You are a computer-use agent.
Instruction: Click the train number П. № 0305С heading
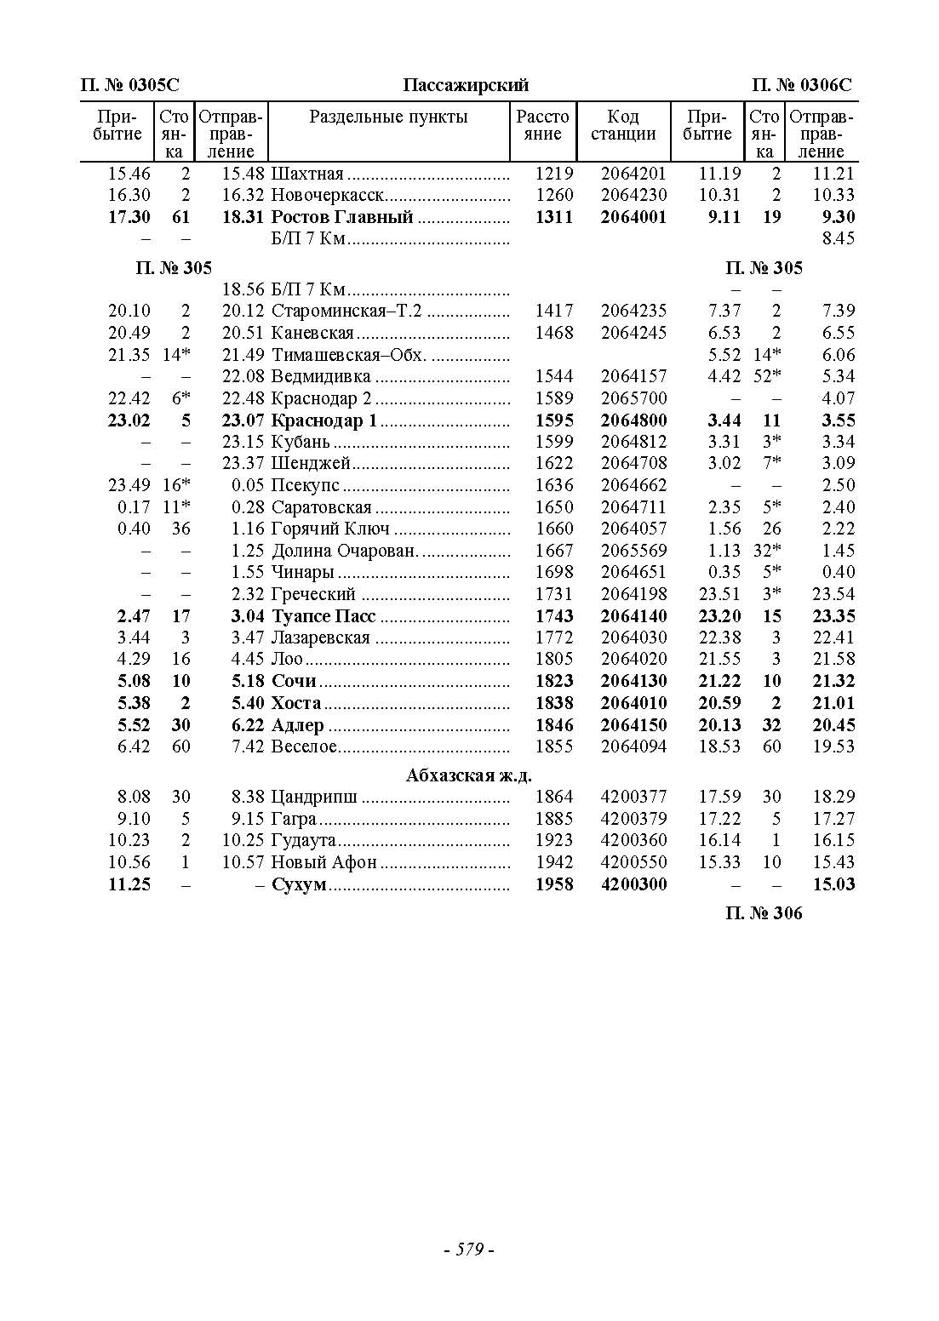129,85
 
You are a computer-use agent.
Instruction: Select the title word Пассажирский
466,85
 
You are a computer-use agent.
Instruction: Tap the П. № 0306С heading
801,85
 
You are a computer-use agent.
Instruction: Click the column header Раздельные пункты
388,117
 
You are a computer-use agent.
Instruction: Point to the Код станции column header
623,125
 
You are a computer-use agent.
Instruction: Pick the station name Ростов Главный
342,217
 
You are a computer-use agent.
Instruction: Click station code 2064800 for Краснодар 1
633,420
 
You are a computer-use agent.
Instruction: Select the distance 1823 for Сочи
553,681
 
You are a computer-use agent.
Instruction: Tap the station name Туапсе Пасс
323,616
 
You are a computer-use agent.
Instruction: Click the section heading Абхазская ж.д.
469,775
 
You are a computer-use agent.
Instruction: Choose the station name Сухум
299,884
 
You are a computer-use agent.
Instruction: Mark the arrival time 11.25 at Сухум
129,884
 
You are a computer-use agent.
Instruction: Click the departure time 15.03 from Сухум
833,884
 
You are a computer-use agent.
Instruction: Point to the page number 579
469,1250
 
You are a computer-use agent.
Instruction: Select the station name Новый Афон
323,862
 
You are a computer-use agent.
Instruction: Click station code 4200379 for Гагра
633,819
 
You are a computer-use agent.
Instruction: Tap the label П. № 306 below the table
764,913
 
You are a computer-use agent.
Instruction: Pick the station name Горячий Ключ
330,529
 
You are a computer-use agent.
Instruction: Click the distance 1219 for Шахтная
553,174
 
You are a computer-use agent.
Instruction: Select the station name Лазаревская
320,638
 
